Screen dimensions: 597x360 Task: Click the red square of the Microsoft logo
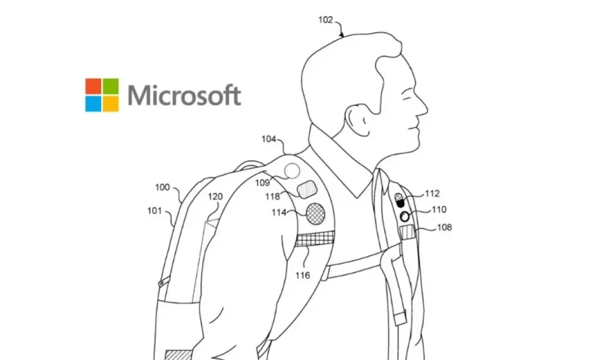point(93,87)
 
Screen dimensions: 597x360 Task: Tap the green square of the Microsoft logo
point(111,87)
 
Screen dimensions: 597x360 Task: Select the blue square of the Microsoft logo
point(93,104)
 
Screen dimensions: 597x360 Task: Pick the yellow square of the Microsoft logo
point(111,104)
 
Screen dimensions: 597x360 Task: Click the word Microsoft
point(184,95)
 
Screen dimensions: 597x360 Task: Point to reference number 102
point(325,20)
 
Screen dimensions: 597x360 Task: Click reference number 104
point(269,139)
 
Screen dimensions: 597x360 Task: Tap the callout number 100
point(162,188)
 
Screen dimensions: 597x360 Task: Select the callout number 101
point(155,211)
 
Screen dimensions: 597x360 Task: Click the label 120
point(215,197)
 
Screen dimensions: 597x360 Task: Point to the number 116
point(302,275)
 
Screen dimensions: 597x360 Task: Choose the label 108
point(445,227)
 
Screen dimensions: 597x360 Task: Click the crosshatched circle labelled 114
point(315,214)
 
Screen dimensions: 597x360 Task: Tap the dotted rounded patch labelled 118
point(307,189)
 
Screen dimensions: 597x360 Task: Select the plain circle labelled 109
point(292,171)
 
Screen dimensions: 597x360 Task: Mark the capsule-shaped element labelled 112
point(400,201)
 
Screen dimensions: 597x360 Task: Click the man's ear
point(358,120)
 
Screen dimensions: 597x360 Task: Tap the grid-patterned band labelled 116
point(315,239)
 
